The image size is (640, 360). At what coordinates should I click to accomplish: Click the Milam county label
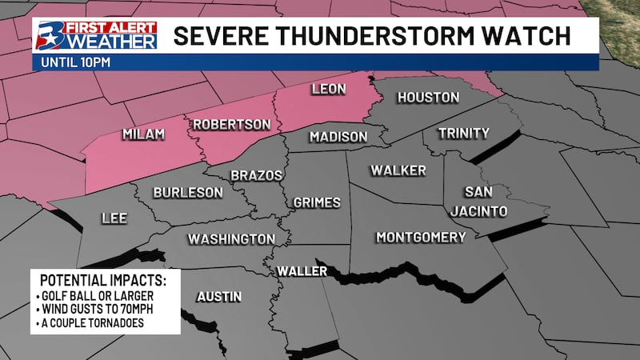pyautogui.click(x=143, y=134)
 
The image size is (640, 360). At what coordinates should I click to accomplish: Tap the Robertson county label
pyautogui.click(x=230, y=125)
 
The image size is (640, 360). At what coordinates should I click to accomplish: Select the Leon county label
pyautogui.click(x=328, y=89)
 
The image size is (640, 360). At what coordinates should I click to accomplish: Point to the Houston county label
pyautogui.click(x=429, y=98)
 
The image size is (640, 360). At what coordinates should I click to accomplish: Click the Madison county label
pyautogui.click(x=338, y=137)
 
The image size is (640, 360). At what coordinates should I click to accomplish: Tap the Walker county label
pyautogui.click(x=398, y=170)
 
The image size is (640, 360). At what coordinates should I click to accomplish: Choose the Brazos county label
pyautogui.click(x=256, y=175)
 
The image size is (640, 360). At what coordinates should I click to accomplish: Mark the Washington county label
pyautogui.click(x=231, y=239)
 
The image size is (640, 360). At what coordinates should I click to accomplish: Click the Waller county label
pyautogui.click(x=302, y=272)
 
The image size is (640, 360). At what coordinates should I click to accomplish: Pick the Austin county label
pyautogui.click(x=218, y=297)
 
